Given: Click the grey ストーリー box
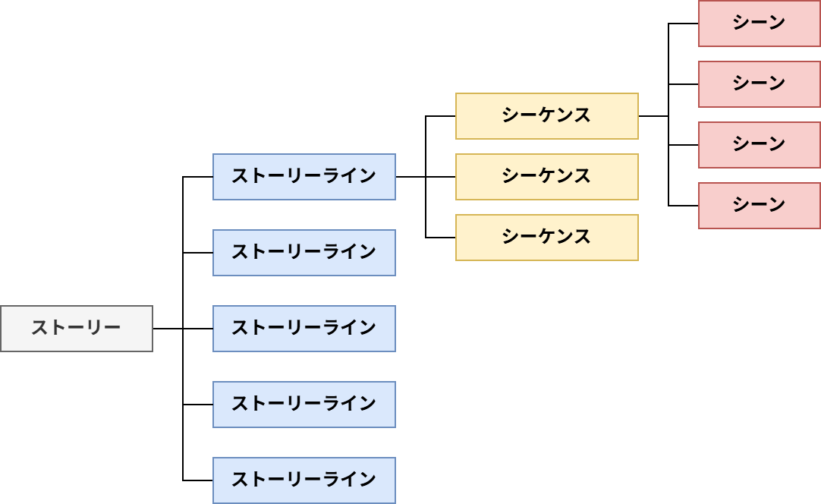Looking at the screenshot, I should pos(76,329).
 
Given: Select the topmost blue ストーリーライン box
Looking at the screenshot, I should pos(304,177).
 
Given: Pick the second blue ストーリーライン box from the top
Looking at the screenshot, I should pos(304,253).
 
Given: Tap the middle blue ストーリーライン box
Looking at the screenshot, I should pos(304,329).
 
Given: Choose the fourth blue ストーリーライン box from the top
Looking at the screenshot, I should pos(304,405).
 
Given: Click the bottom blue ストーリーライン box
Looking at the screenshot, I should pos(304,480).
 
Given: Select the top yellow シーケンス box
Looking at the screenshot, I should pos(546,116).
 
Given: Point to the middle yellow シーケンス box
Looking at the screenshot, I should pos(546,177).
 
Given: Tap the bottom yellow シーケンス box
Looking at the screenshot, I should pos(546,238).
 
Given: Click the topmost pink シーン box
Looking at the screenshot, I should pos(759,24).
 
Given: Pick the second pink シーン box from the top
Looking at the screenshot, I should pos(759,84).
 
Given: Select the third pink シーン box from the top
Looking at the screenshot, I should pos(759,145).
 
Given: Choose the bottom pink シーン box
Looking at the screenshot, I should pos(759,206).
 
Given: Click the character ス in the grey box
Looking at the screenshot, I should pos(39,329).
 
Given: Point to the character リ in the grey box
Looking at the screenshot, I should pos(94,329).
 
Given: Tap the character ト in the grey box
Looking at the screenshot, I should pos(58,329).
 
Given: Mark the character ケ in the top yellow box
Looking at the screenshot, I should pos(546,116).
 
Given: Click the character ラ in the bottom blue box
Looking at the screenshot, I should pos(331,480).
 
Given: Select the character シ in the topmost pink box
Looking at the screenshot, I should pos(741,24).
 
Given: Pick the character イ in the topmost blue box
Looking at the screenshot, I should pos(349,177).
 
